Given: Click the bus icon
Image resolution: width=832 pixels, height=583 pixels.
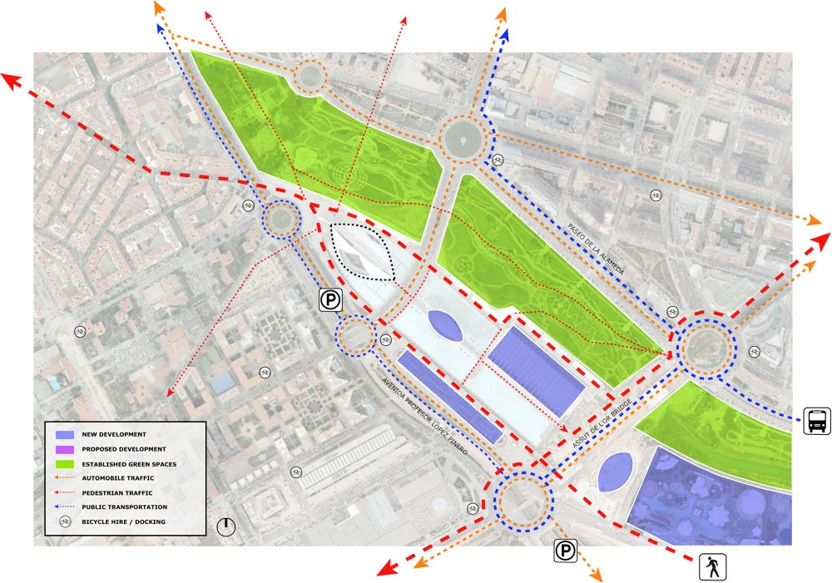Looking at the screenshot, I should point(816,421).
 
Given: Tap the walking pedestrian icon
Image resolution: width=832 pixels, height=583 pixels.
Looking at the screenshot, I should point(713,567).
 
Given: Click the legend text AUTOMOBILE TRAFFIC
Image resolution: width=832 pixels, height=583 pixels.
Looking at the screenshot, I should point(118,478).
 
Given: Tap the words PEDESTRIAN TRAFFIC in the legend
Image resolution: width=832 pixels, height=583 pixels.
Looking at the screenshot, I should point(117,492).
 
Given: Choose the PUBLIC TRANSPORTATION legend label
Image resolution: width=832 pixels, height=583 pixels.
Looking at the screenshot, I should point(124,506).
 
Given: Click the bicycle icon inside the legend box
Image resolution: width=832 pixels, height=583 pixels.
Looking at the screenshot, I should point(67,521).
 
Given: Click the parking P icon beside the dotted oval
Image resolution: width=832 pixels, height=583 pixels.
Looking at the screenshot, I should point(331,300).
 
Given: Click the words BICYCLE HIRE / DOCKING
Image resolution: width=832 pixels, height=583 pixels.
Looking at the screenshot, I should point(122,521).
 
